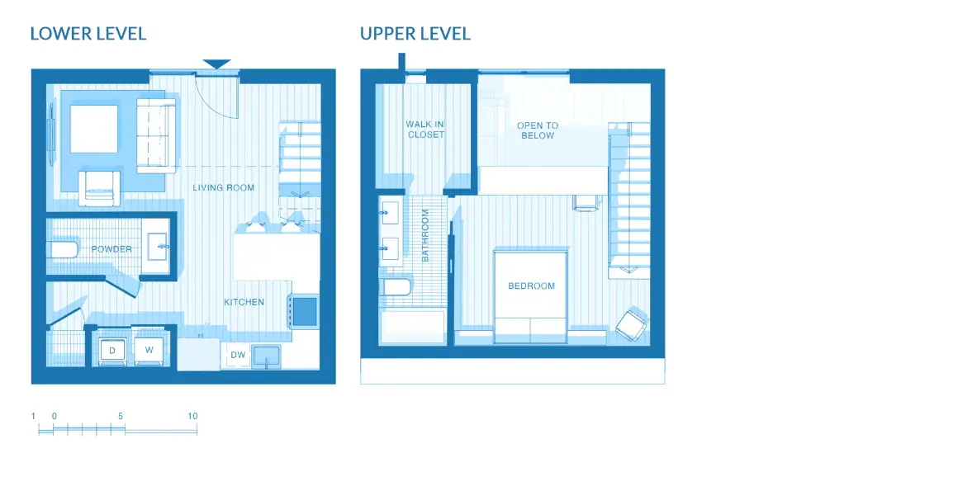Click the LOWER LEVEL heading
pos(88,34)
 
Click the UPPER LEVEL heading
pos(415,34)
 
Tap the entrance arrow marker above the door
pos(216,64)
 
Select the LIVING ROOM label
pos(224,188)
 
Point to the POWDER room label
pos(111,249)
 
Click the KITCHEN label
pos(244,302)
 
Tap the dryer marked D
pos(111,350)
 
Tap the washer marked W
pos(149,350)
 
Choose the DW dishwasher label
pos(238,355)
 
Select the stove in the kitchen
pos(304,311)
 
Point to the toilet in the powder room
pos(63,250)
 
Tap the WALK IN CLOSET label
pos(425,130)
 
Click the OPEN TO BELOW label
pos(538,130)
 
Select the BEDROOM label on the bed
pos(531,286)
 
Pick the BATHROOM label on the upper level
pos(426,235)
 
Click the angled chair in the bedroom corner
pos(632,323)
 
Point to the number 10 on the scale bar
pos(192,417)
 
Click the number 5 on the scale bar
pos(121,417)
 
